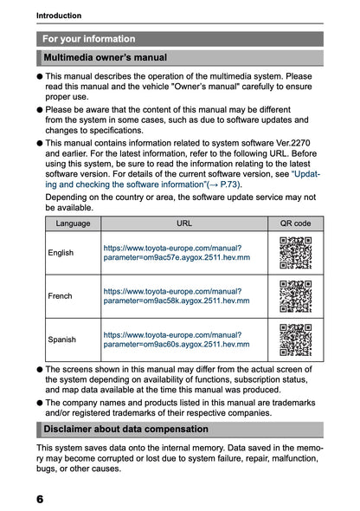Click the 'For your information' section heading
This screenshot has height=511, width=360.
coord(88,39)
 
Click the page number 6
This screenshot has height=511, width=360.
coord(42,499)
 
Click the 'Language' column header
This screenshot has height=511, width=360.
coord(73,223)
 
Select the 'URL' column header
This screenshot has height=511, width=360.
coord(184,223)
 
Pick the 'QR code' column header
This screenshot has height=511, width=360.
coord(295,223)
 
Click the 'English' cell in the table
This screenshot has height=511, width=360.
coord(61,253)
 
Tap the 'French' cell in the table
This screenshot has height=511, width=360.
coord(61,296)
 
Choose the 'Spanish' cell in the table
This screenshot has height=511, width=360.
coord(62,340)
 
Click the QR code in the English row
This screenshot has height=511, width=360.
coord(295,253)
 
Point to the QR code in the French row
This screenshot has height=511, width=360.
coord(295,296)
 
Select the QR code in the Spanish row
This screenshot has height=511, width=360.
coord(295,340)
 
